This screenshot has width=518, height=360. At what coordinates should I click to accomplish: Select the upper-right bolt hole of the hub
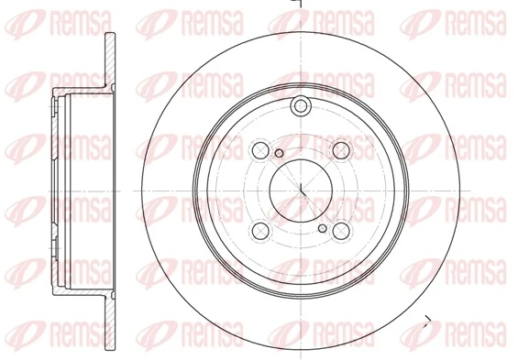click(342, 149)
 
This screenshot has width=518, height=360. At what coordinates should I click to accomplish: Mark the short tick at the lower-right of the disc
click(426, 320)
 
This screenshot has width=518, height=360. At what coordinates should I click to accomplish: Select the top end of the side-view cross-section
click(110, 38)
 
